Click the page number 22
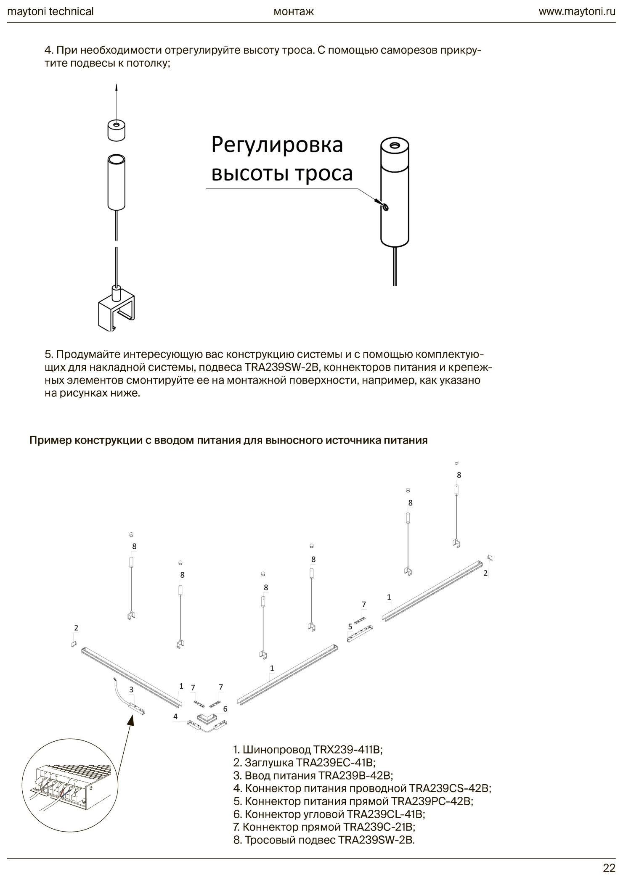[x=609, y=868]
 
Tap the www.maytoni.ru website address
[x=577, y=11]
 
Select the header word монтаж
[x=294, y=11]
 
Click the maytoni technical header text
[x=50, y=11]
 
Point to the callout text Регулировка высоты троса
[x=281, y=159]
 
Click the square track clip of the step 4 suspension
[x=117, y=309]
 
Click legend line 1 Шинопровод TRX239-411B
[x=308, y=749]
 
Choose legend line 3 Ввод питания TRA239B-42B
[x=313, y=775]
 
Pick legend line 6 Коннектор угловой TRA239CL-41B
[x=329, y=814]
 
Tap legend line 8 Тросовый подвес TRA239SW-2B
[x=323, y=840]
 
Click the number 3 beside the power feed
[x=131, y=689]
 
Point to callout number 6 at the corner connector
[x=225, y=709]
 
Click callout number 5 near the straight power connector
[x=350, y=626]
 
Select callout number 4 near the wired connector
[x=175, y=716]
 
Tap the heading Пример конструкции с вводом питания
[x=228, y=440]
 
